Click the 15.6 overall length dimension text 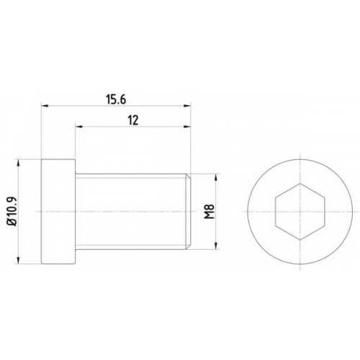coord(116,99)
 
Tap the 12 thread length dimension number coord(133,120)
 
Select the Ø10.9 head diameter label coord(12,211)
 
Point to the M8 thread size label coord(210,212)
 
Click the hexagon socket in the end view coord(300,212)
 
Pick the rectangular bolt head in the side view coord(58,212)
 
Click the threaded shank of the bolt coord(131,212)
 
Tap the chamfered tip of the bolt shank coord(189,212)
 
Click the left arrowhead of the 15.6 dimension coord(45,105)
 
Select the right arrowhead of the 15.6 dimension coord(187,105)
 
